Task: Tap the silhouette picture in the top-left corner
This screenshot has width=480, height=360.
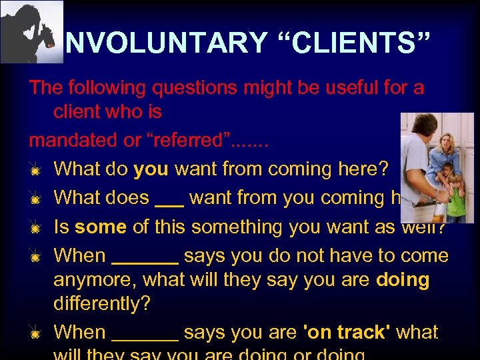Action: coord(31,31)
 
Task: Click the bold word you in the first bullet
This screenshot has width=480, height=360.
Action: coord(151,169)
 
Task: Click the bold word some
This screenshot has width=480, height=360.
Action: coord(100,227)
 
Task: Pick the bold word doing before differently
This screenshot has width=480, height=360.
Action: coord(403,279)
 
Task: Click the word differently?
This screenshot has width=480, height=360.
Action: coord(102,303)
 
